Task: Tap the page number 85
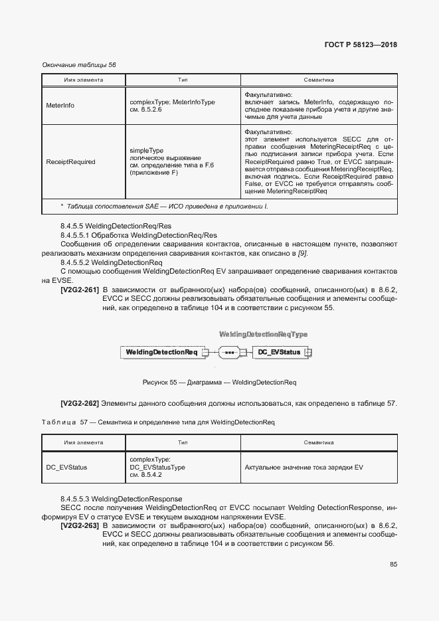(393, 565)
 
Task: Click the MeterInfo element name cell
(60, 106)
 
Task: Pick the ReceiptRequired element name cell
(70, 161)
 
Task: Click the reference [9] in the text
(303, 254)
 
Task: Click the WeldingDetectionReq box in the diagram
(162, 351)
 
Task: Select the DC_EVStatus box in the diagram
(279, 351)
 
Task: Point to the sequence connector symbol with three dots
(229, 351)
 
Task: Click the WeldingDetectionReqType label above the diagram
(263, 334)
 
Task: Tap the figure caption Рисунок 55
(219, 383)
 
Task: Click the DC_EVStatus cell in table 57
(66, 468)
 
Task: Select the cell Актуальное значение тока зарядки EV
(304, 468)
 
